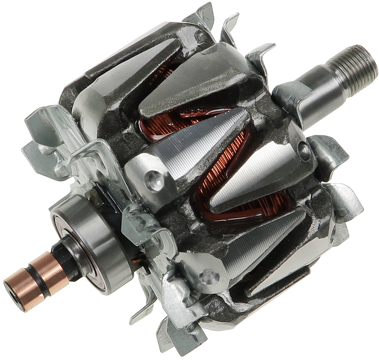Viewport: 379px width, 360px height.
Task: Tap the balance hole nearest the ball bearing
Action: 153,180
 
